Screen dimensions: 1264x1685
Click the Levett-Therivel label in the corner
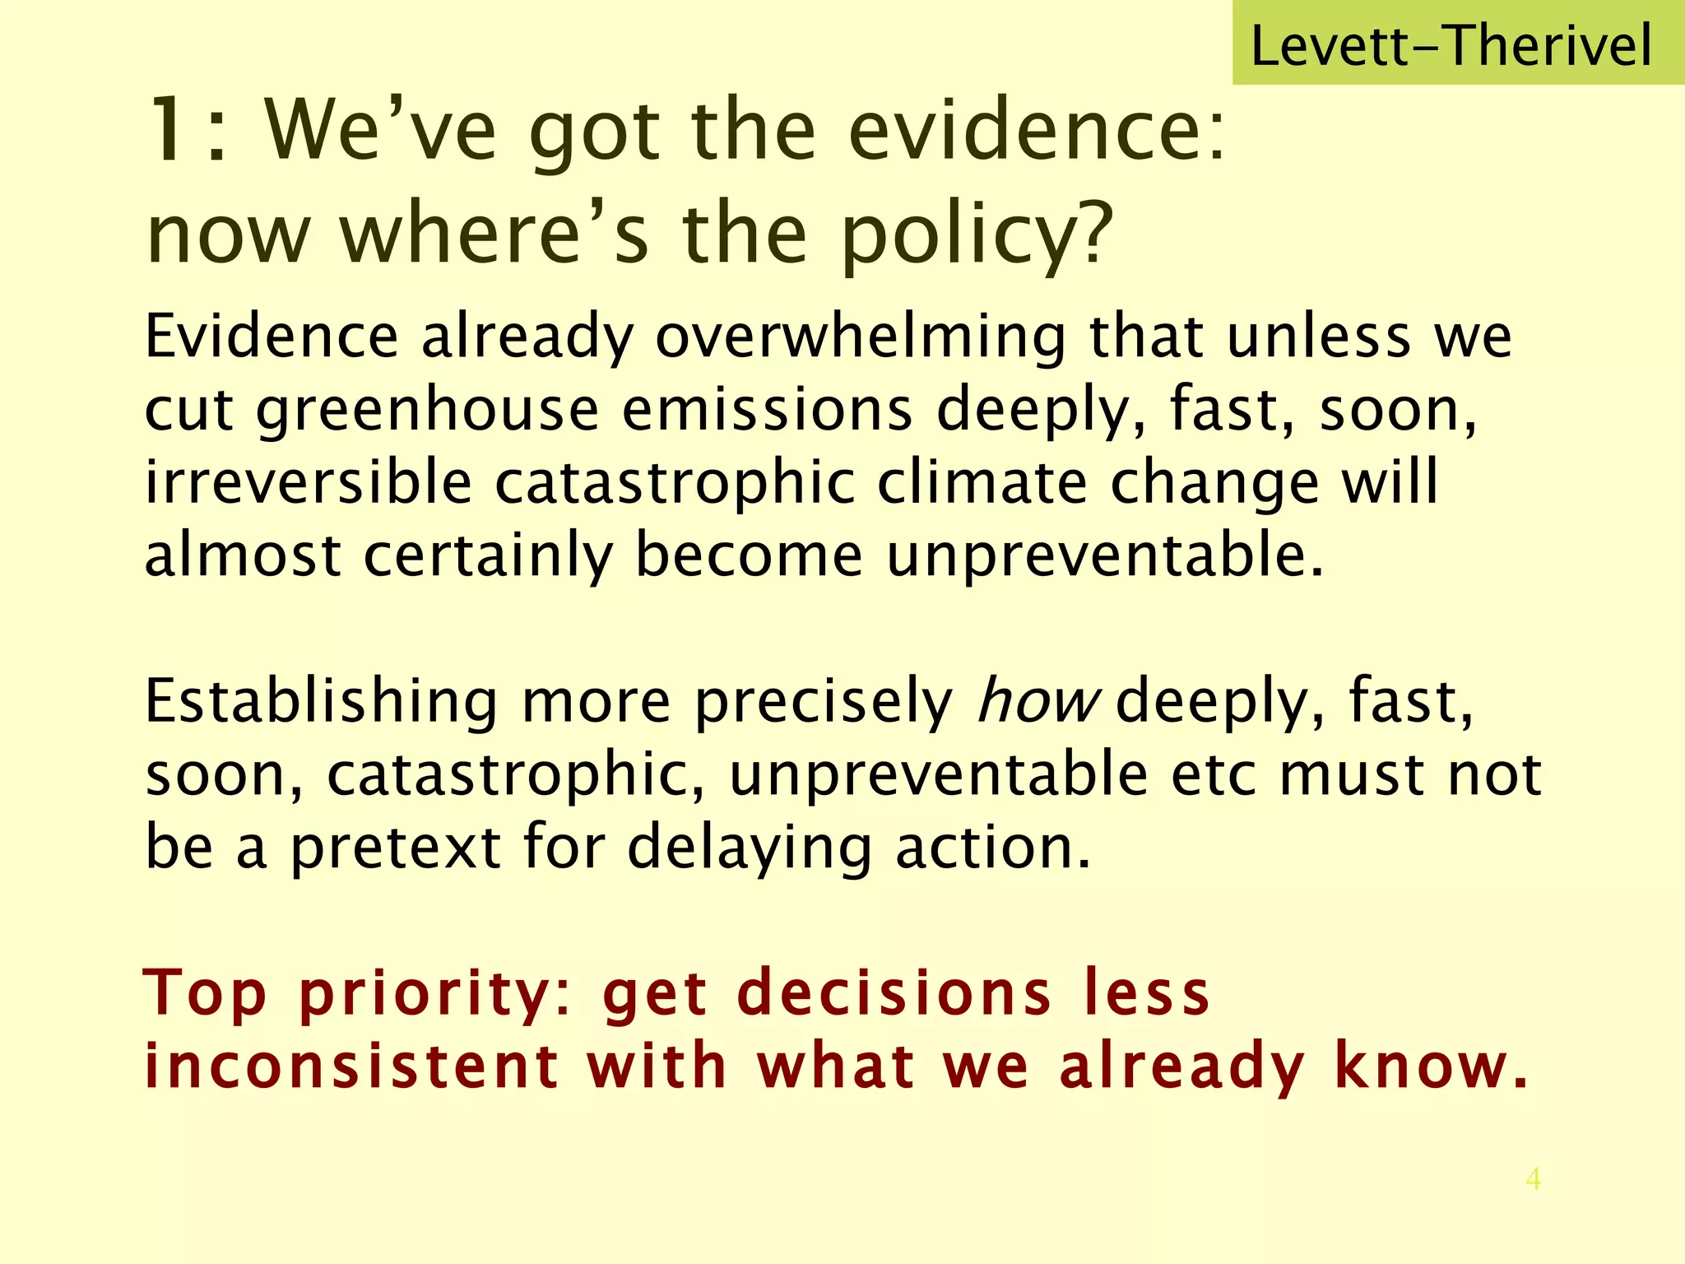pyautogui.click(x=1451, y=45)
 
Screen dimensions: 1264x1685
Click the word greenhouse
pyautogui.click(x=427, y=411)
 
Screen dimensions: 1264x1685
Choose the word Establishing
pyautogui.click(x=322, y=701)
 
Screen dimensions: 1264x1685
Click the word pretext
pyautogui.click(x=395, y=848)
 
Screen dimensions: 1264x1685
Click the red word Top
pyautogui.click(x=206, y=994)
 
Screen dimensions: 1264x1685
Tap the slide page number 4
pyautogui.click(x=1533, y=1179)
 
